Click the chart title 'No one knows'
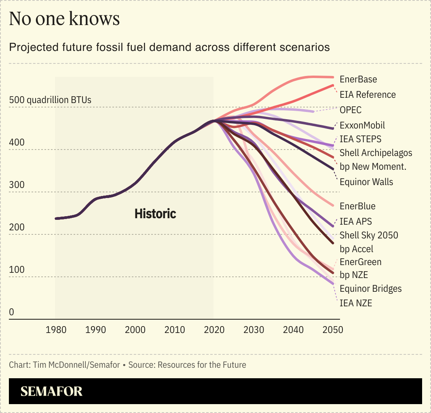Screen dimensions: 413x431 [64, 19]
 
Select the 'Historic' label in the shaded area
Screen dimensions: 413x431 [155, 213]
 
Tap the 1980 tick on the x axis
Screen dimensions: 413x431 [57, 330]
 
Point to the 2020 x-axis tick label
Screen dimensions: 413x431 [214, 330]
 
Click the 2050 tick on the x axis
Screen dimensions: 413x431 [333, 330]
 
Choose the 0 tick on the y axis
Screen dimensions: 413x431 [12, 312]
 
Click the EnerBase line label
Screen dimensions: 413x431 [358, 80]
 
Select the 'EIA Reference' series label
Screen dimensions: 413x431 [368, 95]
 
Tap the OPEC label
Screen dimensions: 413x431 [351, 110]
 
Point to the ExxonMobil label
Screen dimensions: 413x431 [362, 125]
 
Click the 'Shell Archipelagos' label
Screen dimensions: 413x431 [376, 153]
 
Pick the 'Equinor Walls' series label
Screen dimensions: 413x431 [366, 182]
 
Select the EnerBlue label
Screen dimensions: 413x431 [357, 206]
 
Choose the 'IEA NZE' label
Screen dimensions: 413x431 [356, 303]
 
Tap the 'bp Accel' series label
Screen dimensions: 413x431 [356, 249]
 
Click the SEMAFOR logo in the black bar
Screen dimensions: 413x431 [51, 391]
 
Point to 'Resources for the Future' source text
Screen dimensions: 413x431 [202, 365]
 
